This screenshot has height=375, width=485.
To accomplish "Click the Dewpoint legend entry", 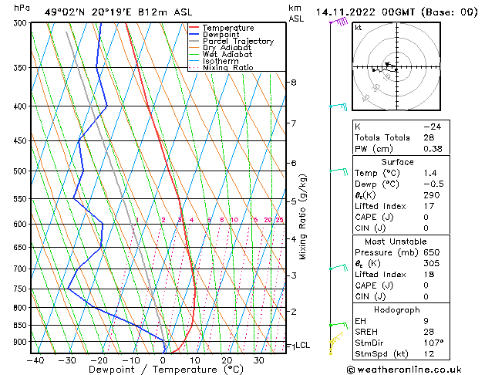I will [x=221, y=35].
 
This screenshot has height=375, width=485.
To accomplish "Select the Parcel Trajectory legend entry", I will [x=237, y=42].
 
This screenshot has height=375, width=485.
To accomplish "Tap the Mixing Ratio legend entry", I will [x=227, y=68].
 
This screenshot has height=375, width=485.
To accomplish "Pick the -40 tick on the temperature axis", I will [x=35, y=360].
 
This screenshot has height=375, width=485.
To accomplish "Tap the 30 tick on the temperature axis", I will [x=259, y=360].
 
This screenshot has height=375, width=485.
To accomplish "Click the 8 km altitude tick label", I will [x=294, y=83].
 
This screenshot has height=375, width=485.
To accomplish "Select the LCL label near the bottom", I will [x=303, y=346].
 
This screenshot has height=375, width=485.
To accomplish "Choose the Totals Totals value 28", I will [x=429, y=137].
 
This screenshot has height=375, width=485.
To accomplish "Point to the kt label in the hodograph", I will [x=358, y=27].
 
